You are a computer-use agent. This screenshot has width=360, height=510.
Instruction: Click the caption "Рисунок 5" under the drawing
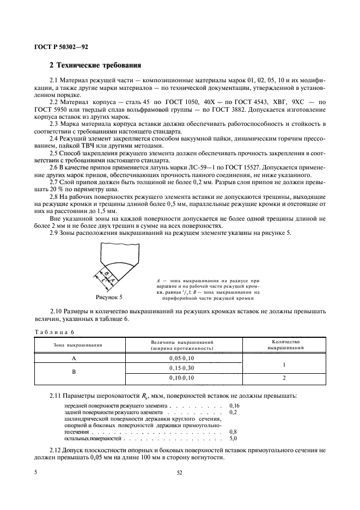tap(109, 297)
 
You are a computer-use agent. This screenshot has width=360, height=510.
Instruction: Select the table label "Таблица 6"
tap(54, 332)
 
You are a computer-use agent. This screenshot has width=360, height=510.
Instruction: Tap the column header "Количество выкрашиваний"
tap(283, 344)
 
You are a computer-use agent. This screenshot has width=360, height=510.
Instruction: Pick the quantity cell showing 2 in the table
tap(283, 378)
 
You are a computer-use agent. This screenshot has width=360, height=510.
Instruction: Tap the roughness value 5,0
tap(234, 438)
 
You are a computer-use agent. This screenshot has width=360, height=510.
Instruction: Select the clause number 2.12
tap(57, 450)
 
